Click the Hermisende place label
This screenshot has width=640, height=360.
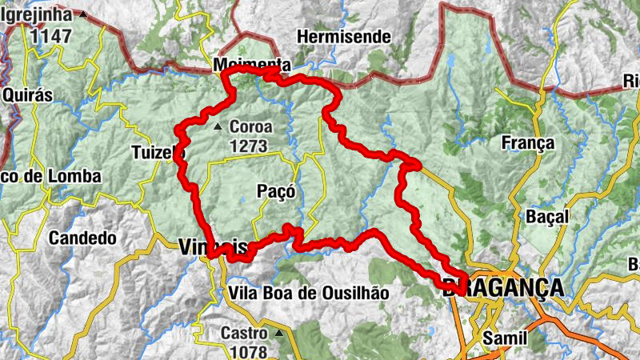pyautogui.click(x=343, y=37)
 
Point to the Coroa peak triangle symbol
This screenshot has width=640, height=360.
pyautogui.click(x=218, y=126)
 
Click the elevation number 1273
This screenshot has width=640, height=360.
pyautogui.click(x=250, y=146)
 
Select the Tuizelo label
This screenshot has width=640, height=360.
pyautogui.click(x=158, y=152)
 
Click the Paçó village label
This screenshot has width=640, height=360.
pyautogui.click(x=277, y=191)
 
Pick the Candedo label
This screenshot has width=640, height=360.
pyautogui.click(x=82, y=238)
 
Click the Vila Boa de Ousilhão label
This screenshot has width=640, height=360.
pyautogui.click(x=308, y=293)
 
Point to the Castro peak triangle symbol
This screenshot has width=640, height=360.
pyautogui.click(x=279, y=332)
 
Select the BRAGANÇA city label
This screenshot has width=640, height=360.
pyautogui.click(x=502, y=289)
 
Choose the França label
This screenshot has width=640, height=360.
pyautogui.click(x=527, y=143)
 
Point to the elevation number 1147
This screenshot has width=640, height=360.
pyautogui.click(x=50, y=35)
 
